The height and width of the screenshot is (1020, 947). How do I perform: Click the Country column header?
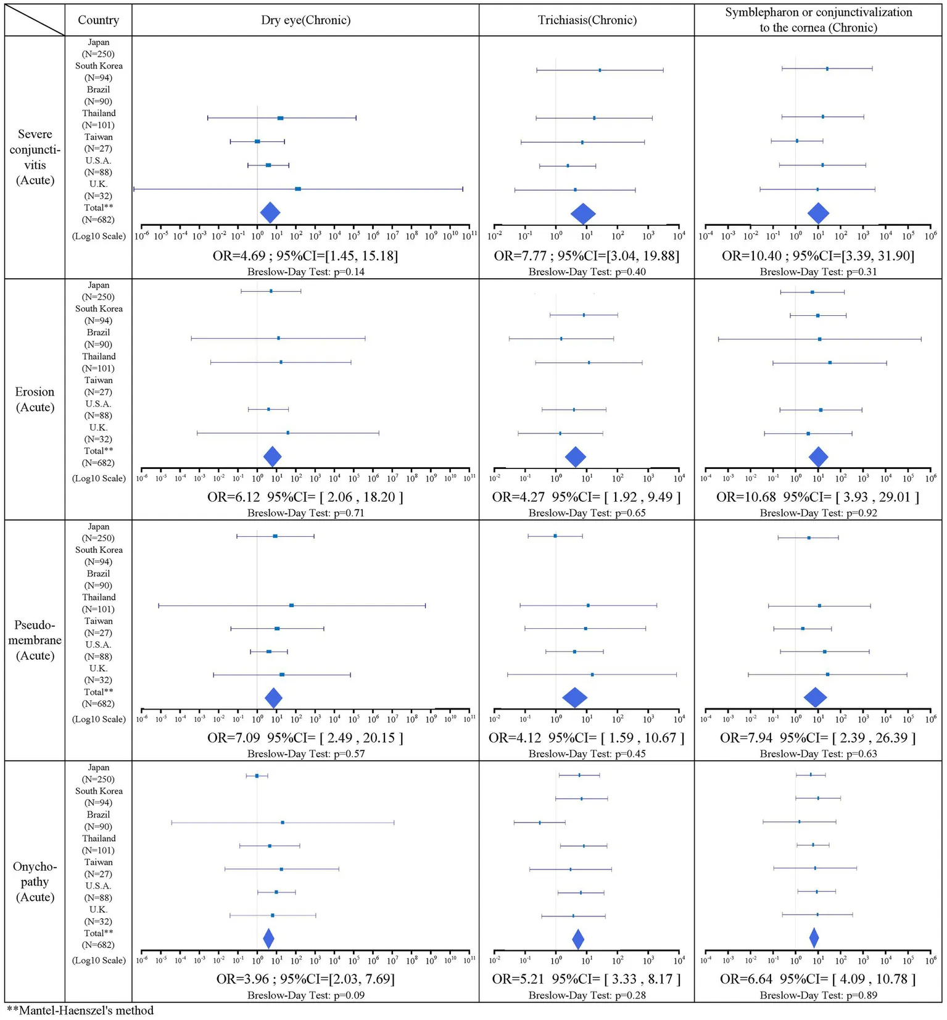[x=98, y=20]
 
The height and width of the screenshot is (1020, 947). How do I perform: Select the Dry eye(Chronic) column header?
[x=305, y=20]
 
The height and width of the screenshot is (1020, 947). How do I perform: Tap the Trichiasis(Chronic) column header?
[x=587, y=20]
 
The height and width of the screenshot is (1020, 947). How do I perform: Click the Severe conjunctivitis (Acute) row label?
[x=35, y=157]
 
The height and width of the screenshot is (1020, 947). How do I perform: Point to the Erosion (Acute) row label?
[x=35, y=399]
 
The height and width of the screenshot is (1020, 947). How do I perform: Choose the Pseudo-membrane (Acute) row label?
[x=35, y=641]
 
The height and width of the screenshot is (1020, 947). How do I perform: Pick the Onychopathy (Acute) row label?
[x=35, y=882]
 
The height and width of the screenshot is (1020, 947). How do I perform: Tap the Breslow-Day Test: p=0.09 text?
[x=305, y=995]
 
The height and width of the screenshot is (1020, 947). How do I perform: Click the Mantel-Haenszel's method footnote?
[x=80, y=1010]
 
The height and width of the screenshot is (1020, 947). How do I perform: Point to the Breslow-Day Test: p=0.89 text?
[x=818, y=995]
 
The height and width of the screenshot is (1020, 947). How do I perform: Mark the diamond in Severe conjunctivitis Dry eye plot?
[x=270, y=212]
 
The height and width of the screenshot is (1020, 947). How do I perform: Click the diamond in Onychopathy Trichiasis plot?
[x=578, y=939]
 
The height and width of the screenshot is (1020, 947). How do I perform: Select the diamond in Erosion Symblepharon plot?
[x=818, y=457]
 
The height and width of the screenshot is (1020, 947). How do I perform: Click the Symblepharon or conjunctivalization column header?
[x=818, y=20]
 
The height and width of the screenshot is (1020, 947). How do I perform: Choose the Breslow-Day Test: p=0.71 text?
[x=305, y=513]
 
